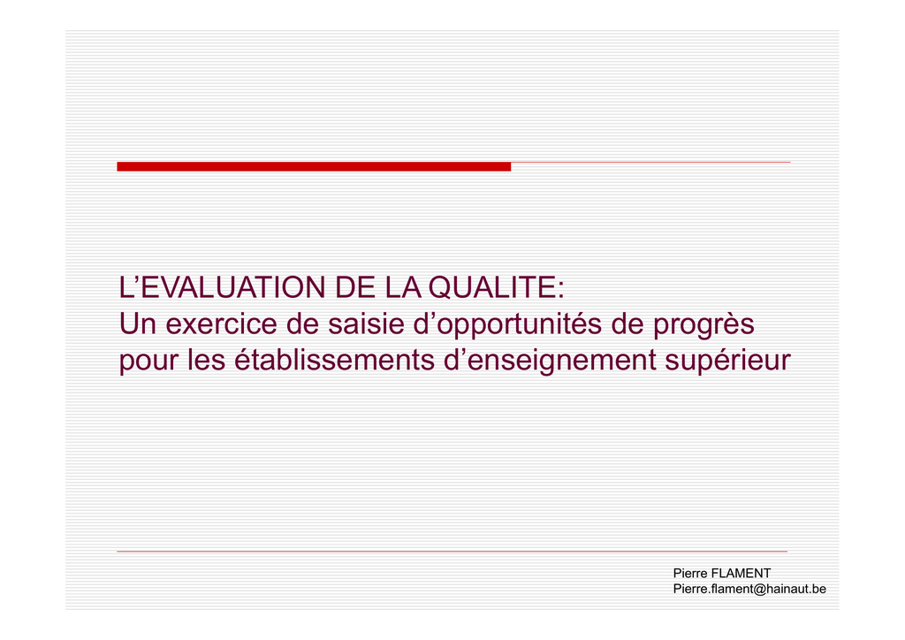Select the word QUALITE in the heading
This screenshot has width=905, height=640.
pyautogui.click(x=492, y=286)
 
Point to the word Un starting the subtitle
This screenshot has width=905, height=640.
pyautogui.click(x=138, y=324)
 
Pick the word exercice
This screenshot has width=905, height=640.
pyautogui.click(x=222, y=324)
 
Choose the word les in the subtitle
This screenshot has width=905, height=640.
pyautogui.click(x=205, y=359)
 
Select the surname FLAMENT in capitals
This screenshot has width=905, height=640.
pyautogui.click(x=741, y=573)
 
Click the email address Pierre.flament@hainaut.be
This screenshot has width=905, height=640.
pyautogui.click(x=749, y=589)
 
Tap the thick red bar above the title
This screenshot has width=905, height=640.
pyautogui.click(x=314, y=167)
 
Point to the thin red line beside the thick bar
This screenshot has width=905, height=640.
pyautogui.click(x=650, y=162)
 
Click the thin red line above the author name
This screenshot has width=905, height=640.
pyautogui.click(x=452, y=551)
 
